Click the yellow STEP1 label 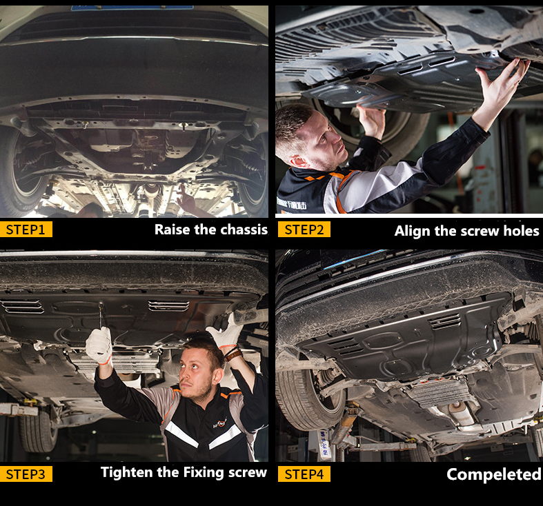(x=26, y=230)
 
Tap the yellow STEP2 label (x=304, y=230)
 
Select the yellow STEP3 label (x=26, y=474)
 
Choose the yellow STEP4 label (x=304, y=474)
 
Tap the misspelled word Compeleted (x=493, y=474)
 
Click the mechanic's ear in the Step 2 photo (x=299, y=161)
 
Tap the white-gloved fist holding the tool (x=99, y=345)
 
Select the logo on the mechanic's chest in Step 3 (x=220, y=423)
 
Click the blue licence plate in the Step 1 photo (x=132, y=8)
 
